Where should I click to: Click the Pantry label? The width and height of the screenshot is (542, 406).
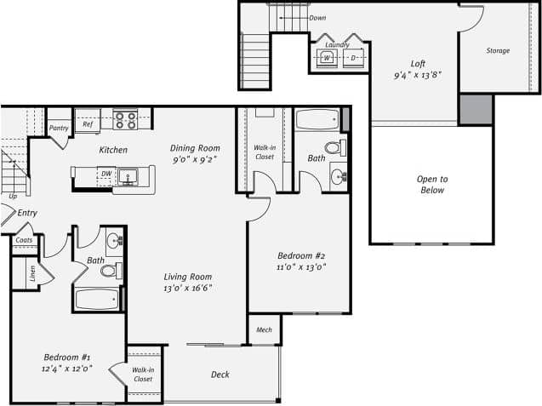pyautogui.click(x=59, y=129)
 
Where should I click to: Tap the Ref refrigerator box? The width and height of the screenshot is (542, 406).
pyautogui.click(x=87, y=123)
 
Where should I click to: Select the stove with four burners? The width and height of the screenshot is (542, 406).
pyautogui.click(x=126, y=120)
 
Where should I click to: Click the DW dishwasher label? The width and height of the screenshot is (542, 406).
pyautogui.click(x=106, y=173)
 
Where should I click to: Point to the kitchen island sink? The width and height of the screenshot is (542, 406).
pyautogui.click(x=131, y=177)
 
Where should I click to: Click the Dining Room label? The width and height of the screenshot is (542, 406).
pyautogui.click(x=195, y=147)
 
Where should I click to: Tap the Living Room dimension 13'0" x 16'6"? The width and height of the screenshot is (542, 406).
pyautogui.click(x=188, y=288)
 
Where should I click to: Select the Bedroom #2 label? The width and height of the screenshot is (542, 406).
pyautogui.click(x=302, y=255)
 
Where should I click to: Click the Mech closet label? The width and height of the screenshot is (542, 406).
pyautogui.click(x=264, y=328)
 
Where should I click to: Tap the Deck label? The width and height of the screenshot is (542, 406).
pyautogui.click(x=220, y=375)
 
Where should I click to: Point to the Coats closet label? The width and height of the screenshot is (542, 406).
pyautogui.click(x=23, y=240)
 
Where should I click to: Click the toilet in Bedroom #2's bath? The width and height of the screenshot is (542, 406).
pyautogui.click(x=333, y=147)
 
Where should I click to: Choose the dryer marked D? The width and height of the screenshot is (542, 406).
pyautogui.click(x=353, y=57)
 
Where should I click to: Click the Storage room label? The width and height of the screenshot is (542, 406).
pyautogui.click(x=498, y=51)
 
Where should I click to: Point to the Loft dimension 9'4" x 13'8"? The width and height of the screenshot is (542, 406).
pyautogui.click(x=417, y=75)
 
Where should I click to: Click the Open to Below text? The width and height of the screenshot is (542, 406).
pyautogui.click(x=431, y=184)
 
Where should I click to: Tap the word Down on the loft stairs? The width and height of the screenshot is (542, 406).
pyautogui.click(x=317, y=18)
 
